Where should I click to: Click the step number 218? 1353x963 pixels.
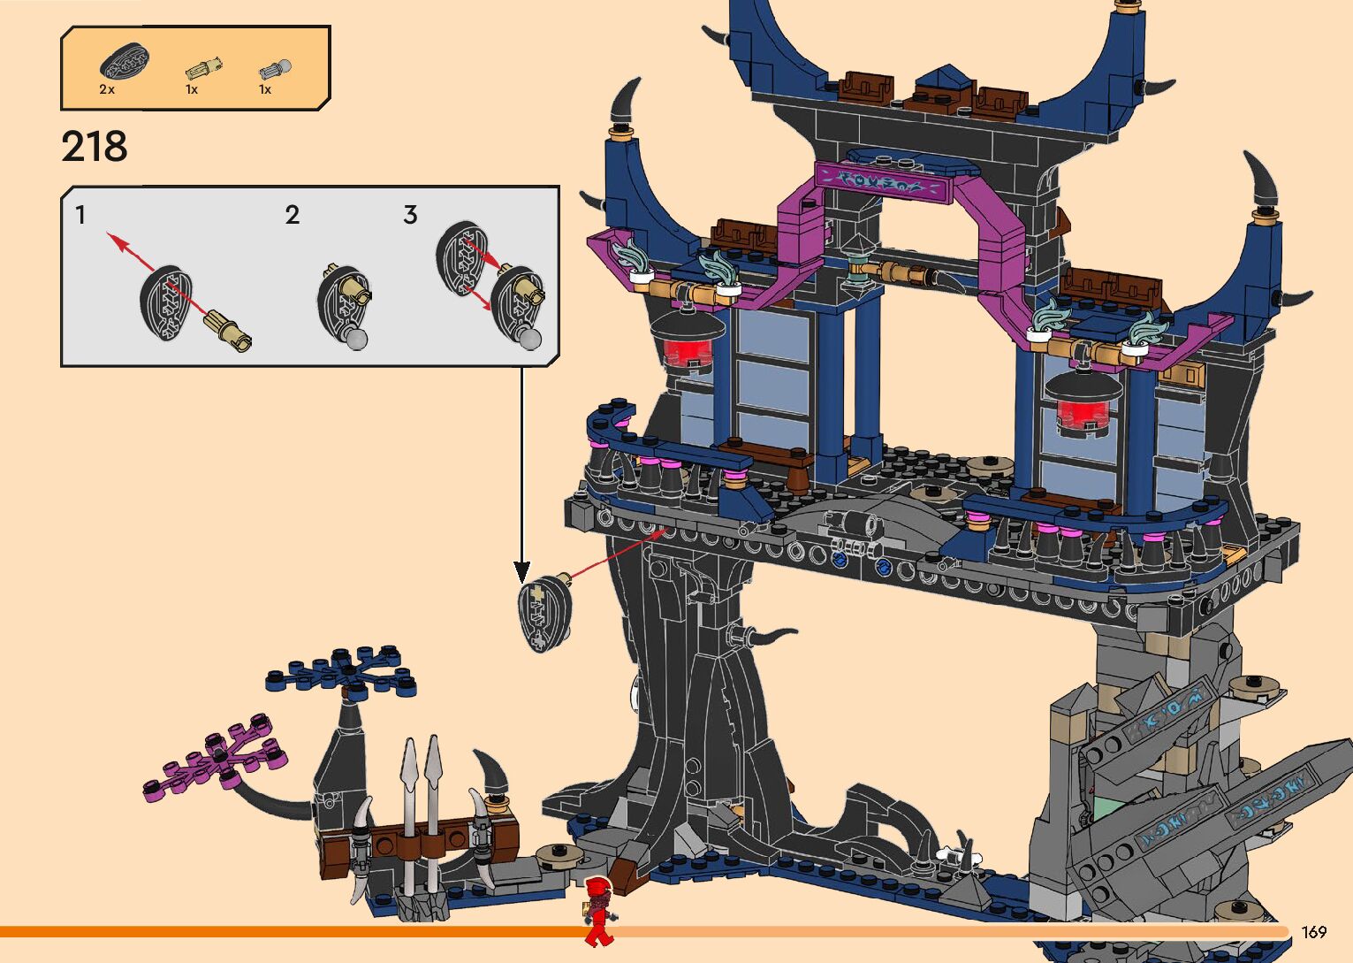(95, 146)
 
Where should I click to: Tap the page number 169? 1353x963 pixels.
(1314, 931)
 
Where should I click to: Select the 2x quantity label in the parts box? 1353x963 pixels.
(107, 89)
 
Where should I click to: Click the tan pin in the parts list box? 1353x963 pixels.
(203, 69)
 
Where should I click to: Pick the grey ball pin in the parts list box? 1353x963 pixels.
(276, 69)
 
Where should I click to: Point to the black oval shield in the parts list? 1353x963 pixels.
(125, 60)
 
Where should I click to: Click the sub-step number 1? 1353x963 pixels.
(80, 215)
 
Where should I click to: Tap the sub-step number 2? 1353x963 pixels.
(293, 215)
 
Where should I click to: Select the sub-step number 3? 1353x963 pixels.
(410, 215)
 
